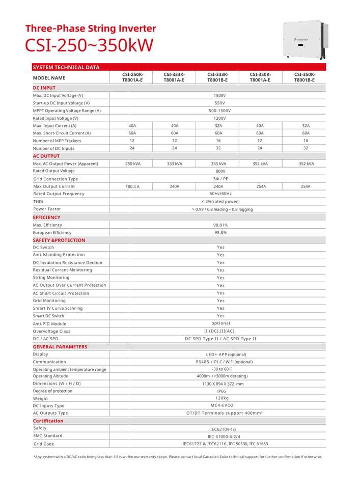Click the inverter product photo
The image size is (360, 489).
[x=303, y=40]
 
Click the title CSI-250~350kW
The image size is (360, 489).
[x=89, y=45]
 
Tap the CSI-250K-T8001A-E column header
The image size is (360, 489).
[x=132, y=77]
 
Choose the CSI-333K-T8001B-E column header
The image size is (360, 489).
[x=217, y=77]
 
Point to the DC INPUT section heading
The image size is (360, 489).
[x=44, y=88]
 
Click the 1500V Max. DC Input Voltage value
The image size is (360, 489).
[x=220, y=95]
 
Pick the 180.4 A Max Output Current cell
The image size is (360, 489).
[x=132, y=186]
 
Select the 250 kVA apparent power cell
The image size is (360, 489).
[x=132, y=164]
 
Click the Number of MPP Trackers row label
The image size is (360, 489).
[x=57, y=141]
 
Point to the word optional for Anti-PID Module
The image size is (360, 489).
[x=220, y=323]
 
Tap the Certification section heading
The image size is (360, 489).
[x=48, y=421]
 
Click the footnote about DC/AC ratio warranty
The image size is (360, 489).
[x=177, y=457]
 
